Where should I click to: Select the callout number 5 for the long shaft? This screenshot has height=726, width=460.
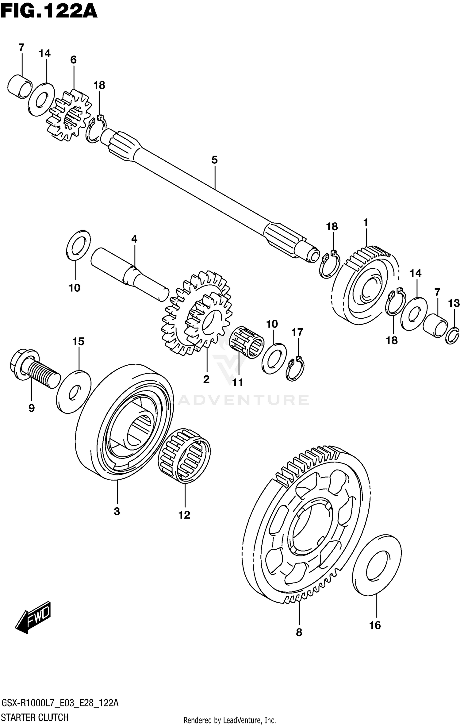(214, 160)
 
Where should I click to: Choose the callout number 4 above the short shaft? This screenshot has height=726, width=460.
(134, 239)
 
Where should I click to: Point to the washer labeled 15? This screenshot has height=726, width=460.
(74, 391)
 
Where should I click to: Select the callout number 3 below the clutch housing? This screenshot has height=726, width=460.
(117, 511)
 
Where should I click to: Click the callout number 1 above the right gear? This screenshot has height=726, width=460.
(366, 223)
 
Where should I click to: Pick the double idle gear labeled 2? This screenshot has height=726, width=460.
(196, 313)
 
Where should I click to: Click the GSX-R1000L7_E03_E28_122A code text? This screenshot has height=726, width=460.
(60, 701)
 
